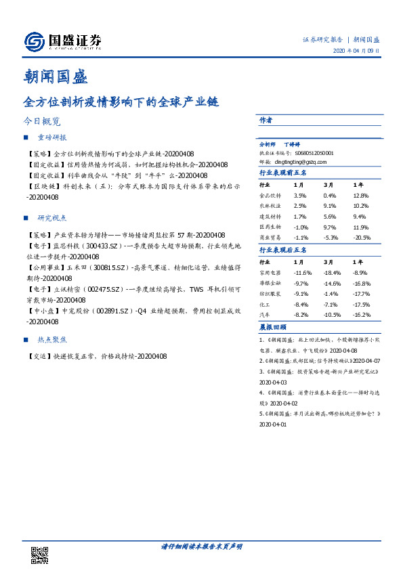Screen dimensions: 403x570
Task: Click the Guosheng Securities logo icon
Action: coord(35,42)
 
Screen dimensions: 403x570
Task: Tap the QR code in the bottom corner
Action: coord(40,552)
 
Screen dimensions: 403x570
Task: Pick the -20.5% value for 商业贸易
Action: coord(362,237)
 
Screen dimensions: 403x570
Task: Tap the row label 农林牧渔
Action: coord(270,205)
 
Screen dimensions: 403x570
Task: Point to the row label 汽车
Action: coord(264,315)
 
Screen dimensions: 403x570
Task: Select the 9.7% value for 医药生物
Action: coord(331,227)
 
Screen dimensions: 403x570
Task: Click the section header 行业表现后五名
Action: coord(283,250)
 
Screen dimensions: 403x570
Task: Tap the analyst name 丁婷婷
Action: coord(292,144)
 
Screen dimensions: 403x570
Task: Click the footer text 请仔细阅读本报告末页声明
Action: coord(201,546)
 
